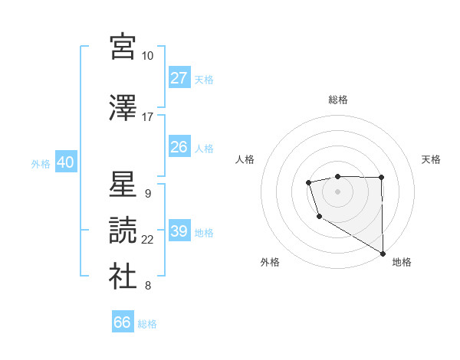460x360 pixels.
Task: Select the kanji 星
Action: (x=123, y=184)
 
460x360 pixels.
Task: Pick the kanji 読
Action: (x=123, y=230)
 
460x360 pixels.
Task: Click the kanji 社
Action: (x=123, y=277)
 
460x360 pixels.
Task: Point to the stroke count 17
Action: (x=147, y=117)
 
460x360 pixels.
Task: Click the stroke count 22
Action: (x=147, y=240)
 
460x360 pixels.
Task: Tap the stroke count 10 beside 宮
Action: (x=147, y=56)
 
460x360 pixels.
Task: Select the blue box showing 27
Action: (x=179, y=78)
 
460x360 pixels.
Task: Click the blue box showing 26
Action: (x=179, y=147)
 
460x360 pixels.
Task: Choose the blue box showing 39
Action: (x=179, y=231)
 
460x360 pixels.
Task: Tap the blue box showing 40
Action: (x=65, y=162)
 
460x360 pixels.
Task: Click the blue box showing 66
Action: (x=123, y=322)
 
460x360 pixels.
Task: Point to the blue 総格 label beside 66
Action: (x=147, y=324)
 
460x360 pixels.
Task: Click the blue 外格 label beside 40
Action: (x=41, y=163)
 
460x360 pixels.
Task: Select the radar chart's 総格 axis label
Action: (x=338, y=100)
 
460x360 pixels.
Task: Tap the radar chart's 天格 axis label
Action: (x=431, y=159)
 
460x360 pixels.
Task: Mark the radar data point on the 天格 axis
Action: (x=381, y=178)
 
